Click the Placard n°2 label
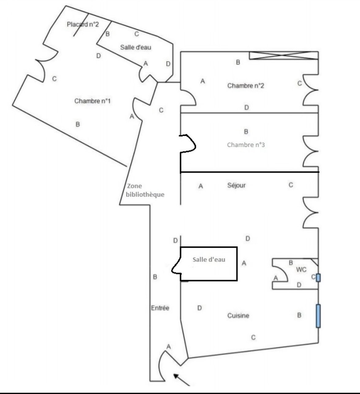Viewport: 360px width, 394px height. tap(83, 25)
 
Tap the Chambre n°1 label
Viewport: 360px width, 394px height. tap(92, 101)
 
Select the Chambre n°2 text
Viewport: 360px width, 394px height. tap(246, 86)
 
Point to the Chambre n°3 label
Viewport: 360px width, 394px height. tap(246, 145)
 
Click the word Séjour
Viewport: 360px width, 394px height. tap(236, 185)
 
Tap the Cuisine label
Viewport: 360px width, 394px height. tap(238, 316)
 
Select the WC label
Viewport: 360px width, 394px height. tap(301, 270)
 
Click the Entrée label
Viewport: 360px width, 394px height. tap(160, 308)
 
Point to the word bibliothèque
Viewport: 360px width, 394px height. tap(145, 194)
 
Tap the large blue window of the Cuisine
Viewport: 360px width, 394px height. tap(318, 316)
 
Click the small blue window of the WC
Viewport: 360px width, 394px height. tap(318, 278)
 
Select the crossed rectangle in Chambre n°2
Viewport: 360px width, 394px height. tap(284, 55)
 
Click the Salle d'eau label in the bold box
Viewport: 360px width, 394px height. tap(209, 259)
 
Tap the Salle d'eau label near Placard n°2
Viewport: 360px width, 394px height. tap(136, 47)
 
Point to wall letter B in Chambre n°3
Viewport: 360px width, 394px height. tap(246, 132)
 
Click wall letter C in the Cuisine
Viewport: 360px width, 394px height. tap(253, 338)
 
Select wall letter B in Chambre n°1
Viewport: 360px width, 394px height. tap(78, 124)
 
